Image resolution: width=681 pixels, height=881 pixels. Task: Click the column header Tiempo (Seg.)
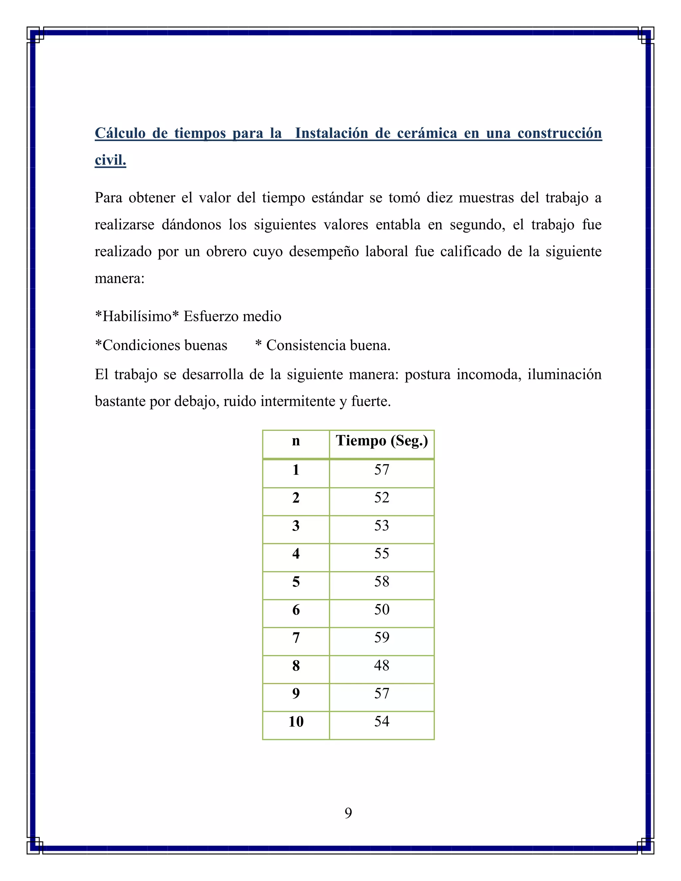382,441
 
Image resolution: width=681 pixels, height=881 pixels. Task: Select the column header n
296,441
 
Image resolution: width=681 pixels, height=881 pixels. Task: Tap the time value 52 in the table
382,497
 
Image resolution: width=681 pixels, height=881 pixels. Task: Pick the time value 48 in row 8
382,665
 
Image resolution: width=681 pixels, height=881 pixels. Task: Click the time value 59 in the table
382,637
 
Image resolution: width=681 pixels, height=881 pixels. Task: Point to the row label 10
296,722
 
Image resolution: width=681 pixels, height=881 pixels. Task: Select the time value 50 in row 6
382,609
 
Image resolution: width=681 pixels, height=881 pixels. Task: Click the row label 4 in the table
296,554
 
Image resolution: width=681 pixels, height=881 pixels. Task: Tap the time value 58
382,581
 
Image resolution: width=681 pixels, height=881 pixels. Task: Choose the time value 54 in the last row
382,721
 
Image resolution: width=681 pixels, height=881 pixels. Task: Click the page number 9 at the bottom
348,813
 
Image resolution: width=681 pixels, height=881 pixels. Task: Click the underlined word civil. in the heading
110,160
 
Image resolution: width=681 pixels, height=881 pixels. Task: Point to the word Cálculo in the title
120,133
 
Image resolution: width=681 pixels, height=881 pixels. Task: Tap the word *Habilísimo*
136,316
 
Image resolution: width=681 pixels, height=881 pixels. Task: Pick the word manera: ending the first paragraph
119,278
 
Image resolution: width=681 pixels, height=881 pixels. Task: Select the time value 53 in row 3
382,525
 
